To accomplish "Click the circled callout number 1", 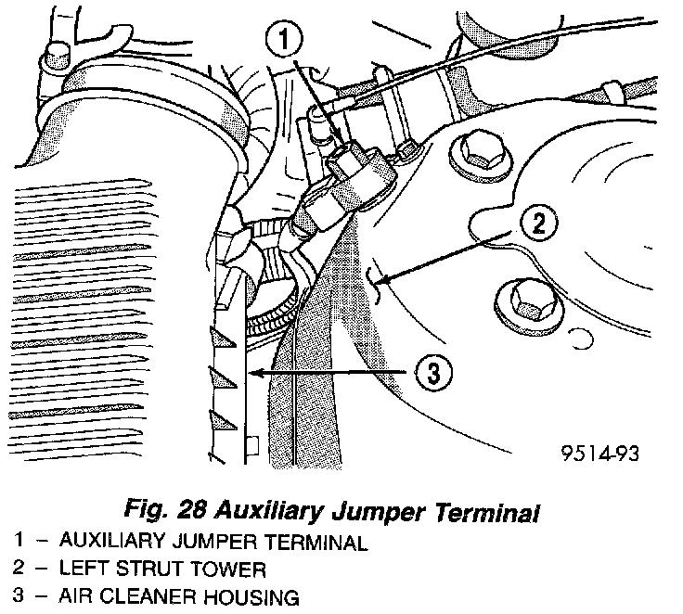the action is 284,39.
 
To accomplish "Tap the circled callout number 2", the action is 539,224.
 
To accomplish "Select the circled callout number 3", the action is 433,373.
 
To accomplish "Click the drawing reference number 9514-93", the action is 599,454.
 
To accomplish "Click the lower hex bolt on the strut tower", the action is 529,305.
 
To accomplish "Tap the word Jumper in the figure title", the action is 377,511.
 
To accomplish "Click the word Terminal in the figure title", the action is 486,511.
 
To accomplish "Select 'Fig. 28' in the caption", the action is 164,509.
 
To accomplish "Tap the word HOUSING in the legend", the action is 251,597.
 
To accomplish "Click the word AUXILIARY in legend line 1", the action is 112,541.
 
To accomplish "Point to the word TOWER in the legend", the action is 228,569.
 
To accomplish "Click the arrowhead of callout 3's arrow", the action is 254,373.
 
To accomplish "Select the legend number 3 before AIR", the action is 18,595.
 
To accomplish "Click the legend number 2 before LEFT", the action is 18,568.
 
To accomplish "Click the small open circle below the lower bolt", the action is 581,338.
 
